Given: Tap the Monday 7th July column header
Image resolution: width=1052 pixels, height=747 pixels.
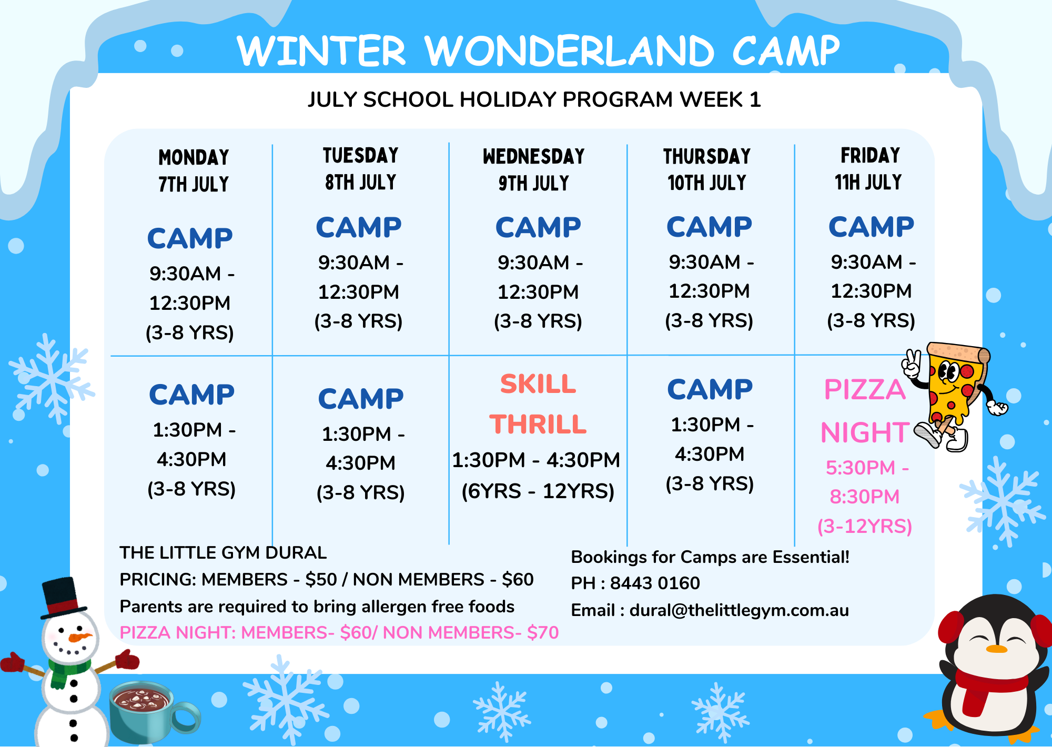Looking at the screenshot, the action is pos(194,171).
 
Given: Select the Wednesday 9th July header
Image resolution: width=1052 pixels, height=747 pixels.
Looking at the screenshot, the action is pos(534,169).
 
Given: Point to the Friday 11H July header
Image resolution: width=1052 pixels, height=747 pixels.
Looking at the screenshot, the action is pos(869,168).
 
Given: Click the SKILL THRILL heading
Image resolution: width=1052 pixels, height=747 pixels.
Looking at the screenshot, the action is pos(538,404).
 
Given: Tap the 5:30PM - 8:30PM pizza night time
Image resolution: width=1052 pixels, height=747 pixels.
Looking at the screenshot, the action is pos(866,482).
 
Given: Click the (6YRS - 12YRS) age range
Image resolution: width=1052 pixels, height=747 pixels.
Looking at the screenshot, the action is pos(538,491).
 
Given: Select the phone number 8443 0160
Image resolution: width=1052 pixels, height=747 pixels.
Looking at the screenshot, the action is pos(655,583).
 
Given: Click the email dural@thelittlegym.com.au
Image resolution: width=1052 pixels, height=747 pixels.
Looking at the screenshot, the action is pos(739,610).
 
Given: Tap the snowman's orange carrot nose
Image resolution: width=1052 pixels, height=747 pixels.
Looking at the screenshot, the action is pos(80,638).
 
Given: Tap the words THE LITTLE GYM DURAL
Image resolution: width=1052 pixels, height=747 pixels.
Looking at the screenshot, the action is pos(223,552).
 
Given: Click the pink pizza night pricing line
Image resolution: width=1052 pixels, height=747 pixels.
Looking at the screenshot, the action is pos(339,632).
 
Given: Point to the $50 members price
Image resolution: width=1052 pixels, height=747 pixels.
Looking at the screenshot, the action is pos(321,579).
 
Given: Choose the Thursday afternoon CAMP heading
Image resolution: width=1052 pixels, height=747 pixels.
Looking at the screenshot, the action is pos(710,389).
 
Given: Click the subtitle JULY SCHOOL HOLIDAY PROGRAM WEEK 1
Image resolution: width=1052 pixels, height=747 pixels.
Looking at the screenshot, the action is pos(534,99).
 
